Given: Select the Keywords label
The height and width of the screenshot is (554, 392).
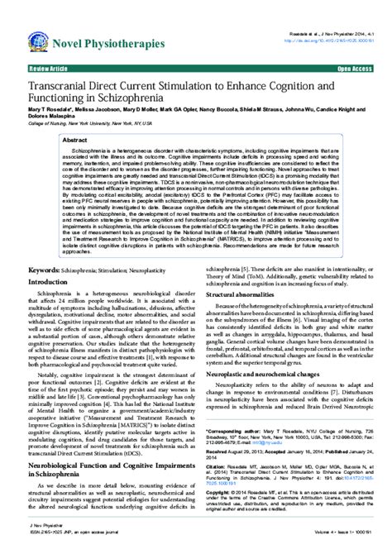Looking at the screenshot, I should click(x=48, y=247).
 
